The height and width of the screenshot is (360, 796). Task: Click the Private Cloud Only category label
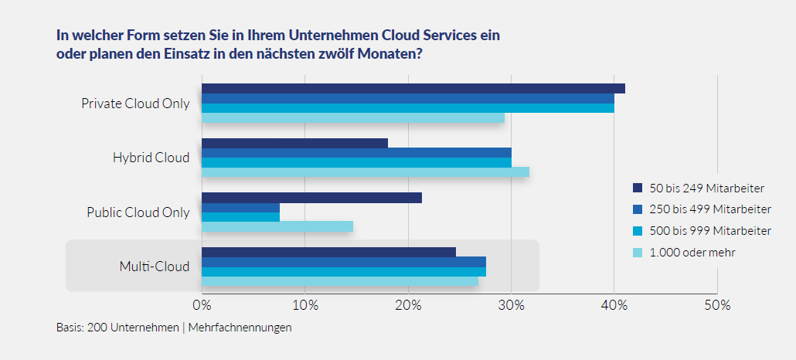pyautogui.click(x=135, y=104)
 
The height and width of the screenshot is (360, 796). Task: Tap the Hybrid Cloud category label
pyautogui.click(x=151, y=158)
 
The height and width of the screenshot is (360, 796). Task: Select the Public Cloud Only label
pyautogui.click(x=138, y=212)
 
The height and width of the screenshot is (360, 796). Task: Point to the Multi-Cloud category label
pyautogui.click(x=154, y=267)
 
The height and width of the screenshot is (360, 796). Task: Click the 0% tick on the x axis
pyautogui.click(x=202, y=305)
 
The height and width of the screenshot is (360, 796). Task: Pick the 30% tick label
pyautogui.click(x=511, y=305)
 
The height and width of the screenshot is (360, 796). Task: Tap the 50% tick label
pyautogui.click(x=717, y=305)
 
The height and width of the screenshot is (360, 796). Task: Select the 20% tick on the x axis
pyautogui.click(x=408, y=305)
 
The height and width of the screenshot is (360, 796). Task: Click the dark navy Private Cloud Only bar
pyautogui.click(x=413, y=88)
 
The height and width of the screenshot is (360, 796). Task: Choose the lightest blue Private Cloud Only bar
pyautogui.click(x=353, y=118)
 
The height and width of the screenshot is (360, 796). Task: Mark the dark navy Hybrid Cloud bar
pyautogui.click(x=294, y=143)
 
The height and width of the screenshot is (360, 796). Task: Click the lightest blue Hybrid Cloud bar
pyautogui.click(x=366, y=172)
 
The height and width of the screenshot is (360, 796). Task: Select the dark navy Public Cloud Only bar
pyautogui.click(x=311, y=198)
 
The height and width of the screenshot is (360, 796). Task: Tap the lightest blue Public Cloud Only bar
pyautogui.click(x=277, y=226)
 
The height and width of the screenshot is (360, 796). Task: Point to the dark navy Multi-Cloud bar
pyautogui.click(x=328, y=252)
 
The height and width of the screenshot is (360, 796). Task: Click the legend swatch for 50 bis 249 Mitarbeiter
pyautogui.click(x=638, y=188)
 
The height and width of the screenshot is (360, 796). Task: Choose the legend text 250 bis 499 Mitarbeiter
pyautogui.click(x=709, y=209)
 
